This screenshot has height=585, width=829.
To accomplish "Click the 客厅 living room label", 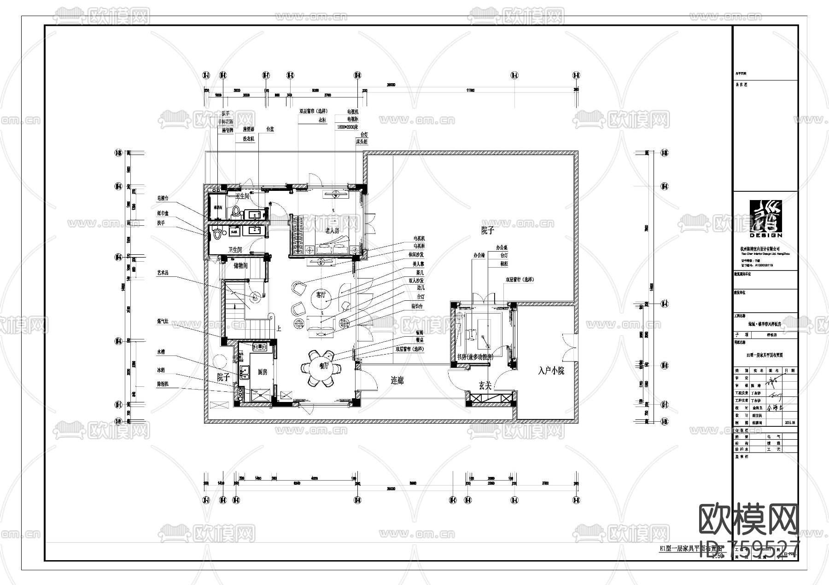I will (321, 295).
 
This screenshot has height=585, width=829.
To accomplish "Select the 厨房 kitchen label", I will (263, 372).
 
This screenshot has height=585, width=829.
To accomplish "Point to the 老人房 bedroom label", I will (332, 230).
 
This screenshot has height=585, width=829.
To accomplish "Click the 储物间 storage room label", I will (240, 265).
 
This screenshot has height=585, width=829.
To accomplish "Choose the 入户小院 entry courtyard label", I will (551, 371).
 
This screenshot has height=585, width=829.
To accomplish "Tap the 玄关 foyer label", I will (485, 386).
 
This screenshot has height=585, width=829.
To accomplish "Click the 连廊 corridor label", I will (397, 381).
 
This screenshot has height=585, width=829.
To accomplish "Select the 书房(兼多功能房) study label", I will (474, 357).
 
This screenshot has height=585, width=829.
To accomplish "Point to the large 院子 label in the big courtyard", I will (487, 230).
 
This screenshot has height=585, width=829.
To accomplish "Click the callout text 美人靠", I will (418, 264).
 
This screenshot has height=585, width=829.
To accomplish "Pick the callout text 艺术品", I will (163, 273).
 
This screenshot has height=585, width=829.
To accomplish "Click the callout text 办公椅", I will (479, 255).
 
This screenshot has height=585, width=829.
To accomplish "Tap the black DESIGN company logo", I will (765, 218).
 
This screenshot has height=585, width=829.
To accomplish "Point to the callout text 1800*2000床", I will (347, 127).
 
